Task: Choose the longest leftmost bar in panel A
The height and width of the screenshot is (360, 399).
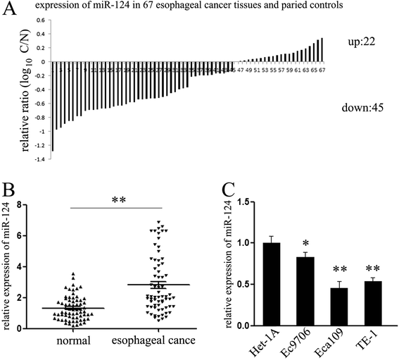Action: coord(52,106)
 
